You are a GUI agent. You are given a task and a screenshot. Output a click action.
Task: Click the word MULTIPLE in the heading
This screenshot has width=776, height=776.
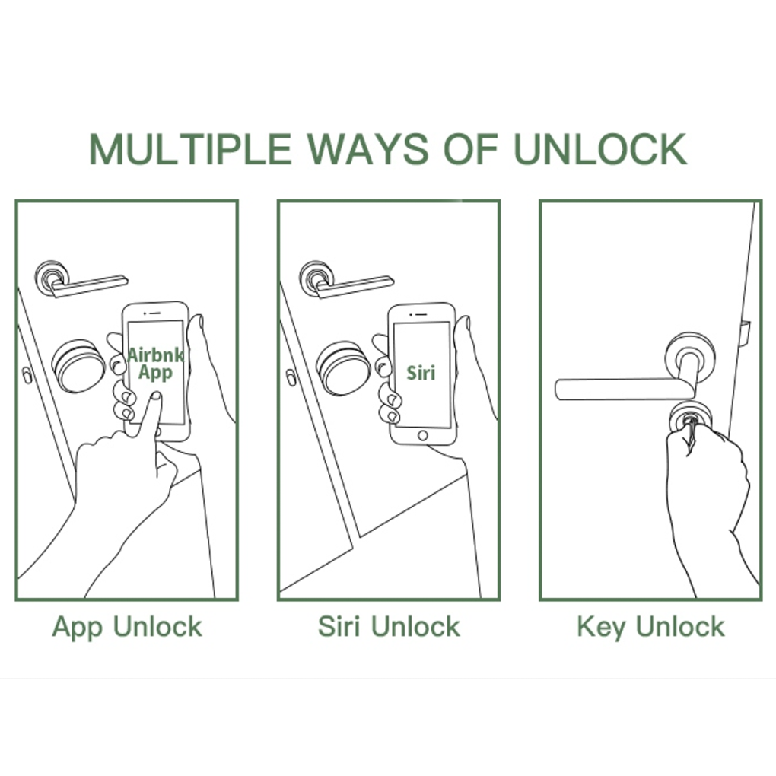[x=190, y=149]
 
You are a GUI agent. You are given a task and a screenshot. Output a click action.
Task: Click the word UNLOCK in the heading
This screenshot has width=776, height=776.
[x=600, y=149]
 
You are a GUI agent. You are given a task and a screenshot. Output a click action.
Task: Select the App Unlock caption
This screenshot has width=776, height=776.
[x=127, y=628]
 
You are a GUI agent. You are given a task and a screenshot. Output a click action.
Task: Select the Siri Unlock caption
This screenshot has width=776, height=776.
[x=389, y=628]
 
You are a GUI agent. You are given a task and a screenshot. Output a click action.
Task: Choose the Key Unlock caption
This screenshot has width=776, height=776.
[x=650, y=628]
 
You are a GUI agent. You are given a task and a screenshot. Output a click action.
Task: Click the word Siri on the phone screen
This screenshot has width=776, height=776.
[x=421, y=373]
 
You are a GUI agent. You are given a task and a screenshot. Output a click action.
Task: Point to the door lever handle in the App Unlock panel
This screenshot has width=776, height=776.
[x=87, y=284]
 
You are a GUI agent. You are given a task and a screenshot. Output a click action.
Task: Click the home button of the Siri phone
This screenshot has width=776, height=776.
[x=423, y=435]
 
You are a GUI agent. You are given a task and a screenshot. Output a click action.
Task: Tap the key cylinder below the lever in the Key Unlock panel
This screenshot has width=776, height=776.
[x=690, y=418]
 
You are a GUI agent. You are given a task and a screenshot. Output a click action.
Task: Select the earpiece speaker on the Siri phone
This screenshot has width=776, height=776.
[x=421, y=313]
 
